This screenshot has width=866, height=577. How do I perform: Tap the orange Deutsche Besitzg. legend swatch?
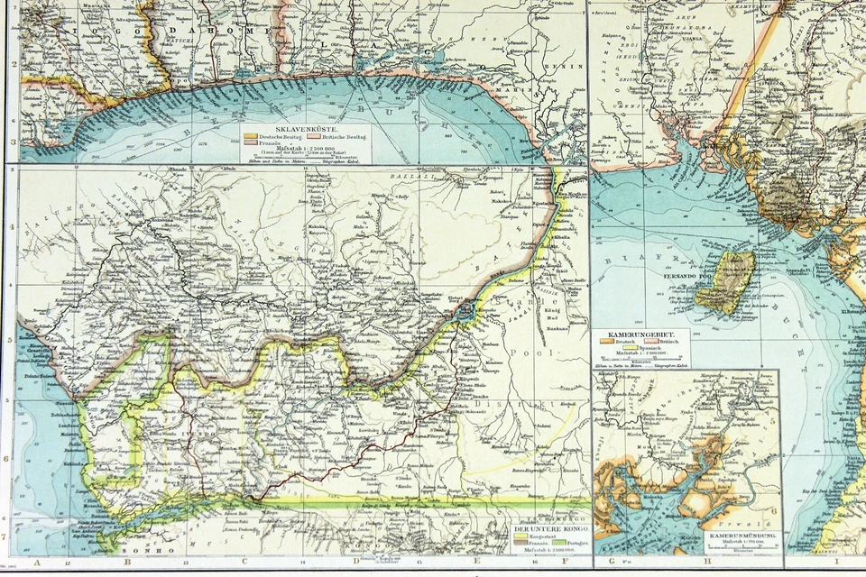[x=249, y=136]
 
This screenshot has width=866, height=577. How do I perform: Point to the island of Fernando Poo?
[x=731, y=281]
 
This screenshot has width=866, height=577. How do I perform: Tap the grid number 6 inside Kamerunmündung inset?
[x=774, y=511]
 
